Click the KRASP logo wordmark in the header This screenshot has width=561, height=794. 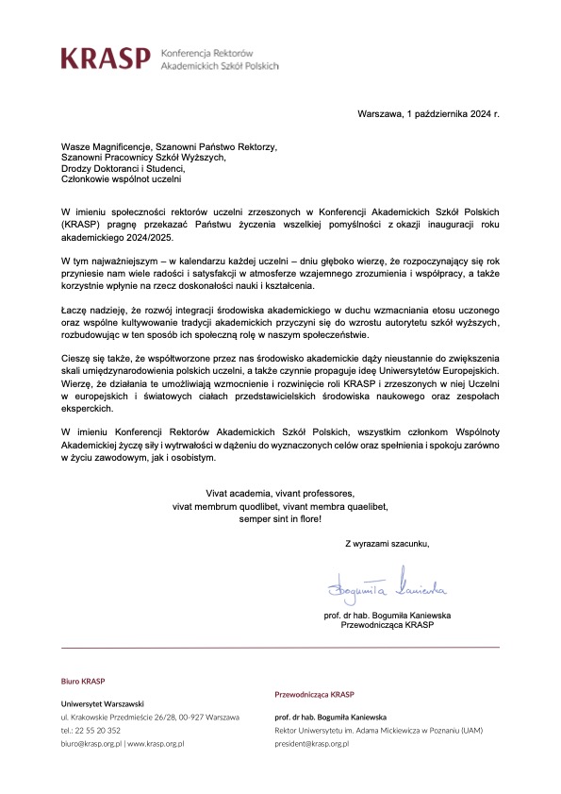point(105,59)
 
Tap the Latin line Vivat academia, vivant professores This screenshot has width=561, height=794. point(280,494)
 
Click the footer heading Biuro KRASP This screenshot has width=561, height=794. point(83,681)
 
